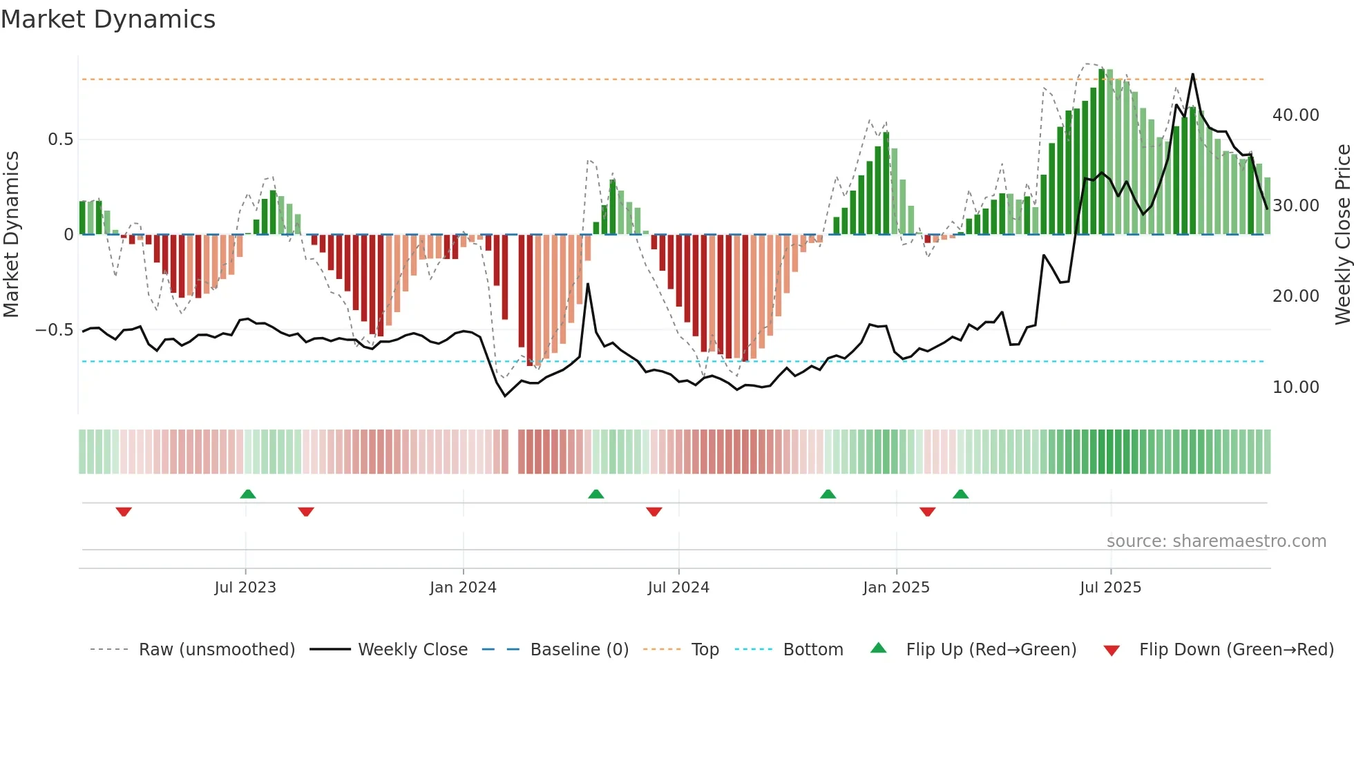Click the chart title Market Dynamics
(108, 19)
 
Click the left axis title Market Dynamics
(11, 234)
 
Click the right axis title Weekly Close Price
(1342, 234)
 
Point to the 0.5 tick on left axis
(60, 139)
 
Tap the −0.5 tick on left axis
(55, 330)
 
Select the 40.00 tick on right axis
(1295, 115)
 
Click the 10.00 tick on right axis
(1295, 387)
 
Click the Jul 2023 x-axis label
(245, 588)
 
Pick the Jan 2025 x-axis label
(896, 588)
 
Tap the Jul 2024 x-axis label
(678, 588)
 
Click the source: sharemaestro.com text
(1216, 541)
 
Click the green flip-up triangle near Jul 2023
(248, 494)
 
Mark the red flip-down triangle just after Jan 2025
(928, 512)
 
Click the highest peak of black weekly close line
(1192, 75)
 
